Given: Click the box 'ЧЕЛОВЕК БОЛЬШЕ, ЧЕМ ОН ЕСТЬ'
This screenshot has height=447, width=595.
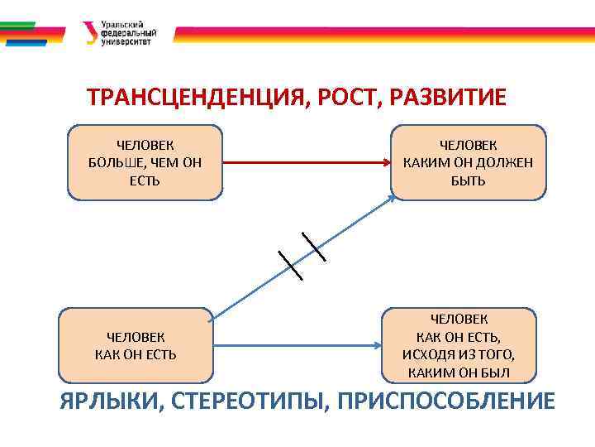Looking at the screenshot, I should pos(145,162).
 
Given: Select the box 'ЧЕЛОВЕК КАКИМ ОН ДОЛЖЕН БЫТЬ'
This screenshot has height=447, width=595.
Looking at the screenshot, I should pos(469,162).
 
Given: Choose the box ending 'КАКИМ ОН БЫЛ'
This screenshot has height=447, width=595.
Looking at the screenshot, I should pos(459,346).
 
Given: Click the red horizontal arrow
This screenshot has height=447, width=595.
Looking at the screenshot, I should pos(306,162).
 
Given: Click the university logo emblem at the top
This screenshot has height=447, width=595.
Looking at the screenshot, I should pos(90,34).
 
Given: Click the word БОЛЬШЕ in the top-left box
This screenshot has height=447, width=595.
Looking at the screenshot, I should pos(116,162).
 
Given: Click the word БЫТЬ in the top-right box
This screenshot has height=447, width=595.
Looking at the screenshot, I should pos(469,180).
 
